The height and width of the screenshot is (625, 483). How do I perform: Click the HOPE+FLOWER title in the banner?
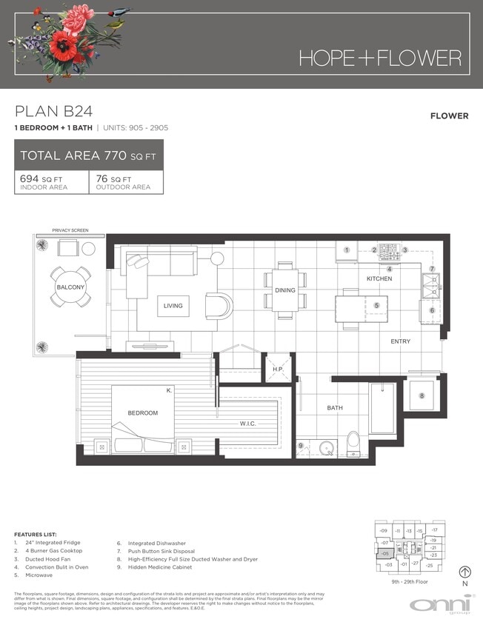click(x=380, y=58)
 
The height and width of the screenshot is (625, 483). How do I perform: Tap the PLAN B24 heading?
click(x=54, y=112)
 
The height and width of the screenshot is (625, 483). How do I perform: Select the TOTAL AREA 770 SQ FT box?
click(x=89, y=156)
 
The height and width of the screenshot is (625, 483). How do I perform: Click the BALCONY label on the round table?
click(x=70, y=287)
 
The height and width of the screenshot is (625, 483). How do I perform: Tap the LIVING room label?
click(x=173, y=306)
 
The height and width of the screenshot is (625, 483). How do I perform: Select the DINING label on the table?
click(x=285, y=290)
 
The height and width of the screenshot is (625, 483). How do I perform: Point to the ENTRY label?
click(x=401, y=341)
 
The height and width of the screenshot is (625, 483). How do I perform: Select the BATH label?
click(x=336, y=408)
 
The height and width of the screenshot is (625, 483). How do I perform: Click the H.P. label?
click(x=278, y=369)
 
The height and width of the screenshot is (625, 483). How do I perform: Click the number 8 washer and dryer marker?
click(x=422, y=396)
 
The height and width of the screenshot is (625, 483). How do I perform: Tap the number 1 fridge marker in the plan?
click(x=347, y=250)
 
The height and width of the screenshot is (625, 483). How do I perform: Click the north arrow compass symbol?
click(x=465, y=572)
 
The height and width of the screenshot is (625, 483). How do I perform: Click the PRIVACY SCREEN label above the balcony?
click(x=70, y=230)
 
